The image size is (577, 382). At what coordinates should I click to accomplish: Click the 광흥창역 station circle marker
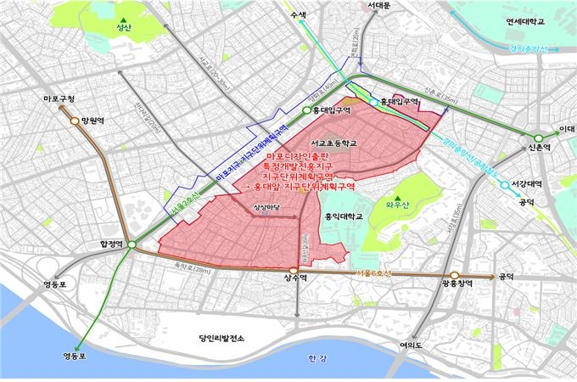click(453, 277)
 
